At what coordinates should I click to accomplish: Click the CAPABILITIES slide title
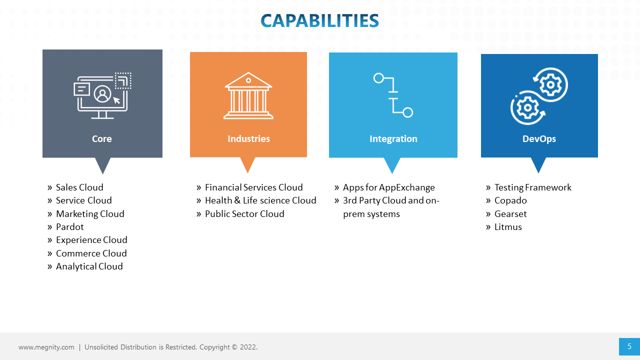tap(319, 20)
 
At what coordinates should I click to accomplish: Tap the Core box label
tap(102, 139)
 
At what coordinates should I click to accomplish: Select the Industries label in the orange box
tap(248, 139)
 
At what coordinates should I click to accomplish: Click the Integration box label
tap(393, 139)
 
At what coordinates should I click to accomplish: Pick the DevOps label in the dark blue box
tap(539, 139)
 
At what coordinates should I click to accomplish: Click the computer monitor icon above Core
tap(102, 95)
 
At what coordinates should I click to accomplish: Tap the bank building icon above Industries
tap(248, 95)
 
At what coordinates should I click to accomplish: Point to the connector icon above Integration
tap(393, 95)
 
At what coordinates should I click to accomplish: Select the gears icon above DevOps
tap(539, 96)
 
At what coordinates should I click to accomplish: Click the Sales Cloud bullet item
tap(79, 187)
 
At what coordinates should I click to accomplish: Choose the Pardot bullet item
tap(70, 227)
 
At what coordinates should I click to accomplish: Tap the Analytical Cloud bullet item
tap(89, 266)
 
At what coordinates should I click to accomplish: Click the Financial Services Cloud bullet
tap(253, 187)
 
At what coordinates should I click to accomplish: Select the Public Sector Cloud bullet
tap(244, 214)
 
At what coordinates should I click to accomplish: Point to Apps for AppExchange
tap(388, 187)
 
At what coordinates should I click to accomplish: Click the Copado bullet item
tap(510, 200)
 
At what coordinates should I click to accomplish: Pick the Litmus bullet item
tap(508, 227)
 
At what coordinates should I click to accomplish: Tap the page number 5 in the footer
tap(629, 346)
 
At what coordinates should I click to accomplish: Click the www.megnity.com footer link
tap(46, 347)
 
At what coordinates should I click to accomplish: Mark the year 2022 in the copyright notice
tap(248, 347)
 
